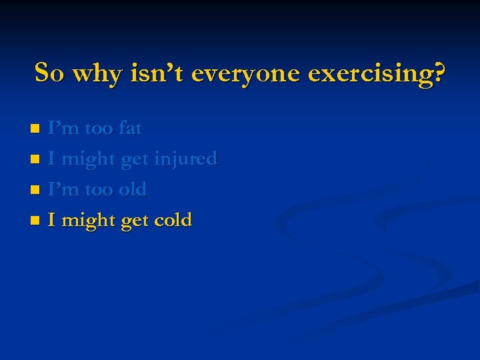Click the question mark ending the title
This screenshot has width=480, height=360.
437,73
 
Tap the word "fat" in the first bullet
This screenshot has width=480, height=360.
130,128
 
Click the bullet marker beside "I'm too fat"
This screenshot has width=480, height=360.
38,129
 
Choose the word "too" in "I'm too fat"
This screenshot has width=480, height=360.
99,129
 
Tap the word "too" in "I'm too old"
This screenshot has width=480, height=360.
99,190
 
